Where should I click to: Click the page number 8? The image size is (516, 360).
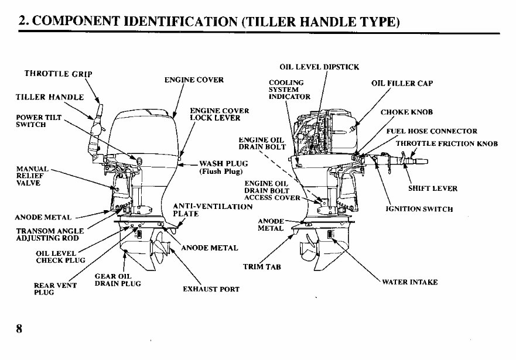click(19, 328)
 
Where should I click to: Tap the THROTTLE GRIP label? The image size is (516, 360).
click(59, 74)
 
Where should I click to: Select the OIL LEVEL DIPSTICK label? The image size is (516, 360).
click(319, 67)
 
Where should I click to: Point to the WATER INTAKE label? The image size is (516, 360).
click(409, 282)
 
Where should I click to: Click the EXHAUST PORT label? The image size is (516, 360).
click(211, 289)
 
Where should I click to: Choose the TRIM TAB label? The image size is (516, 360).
click(262, 267)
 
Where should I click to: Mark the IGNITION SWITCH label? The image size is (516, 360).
click(419, 209)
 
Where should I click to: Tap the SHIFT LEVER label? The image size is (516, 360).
click(432, 188)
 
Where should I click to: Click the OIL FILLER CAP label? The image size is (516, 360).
click(402, 83)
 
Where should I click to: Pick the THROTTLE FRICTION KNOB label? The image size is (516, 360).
click(446, 143)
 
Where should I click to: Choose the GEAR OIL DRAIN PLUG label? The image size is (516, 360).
click(117, 280)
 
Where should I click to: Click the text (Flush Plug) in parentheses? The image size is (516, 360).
click(217, 172)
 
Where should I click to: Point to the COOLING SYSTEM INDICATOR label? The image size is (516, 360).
click(289, 90)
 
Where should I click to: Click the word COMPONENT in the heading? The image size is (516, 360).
click(83, 21)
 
